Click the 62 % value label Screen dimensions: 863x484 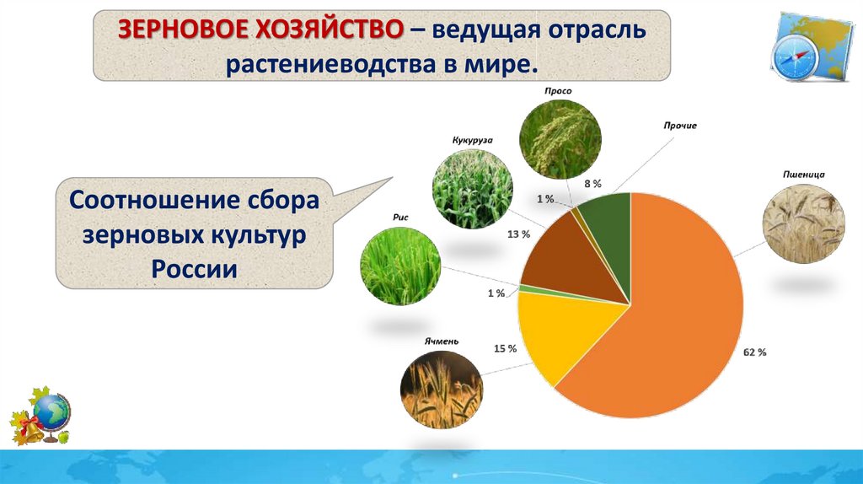(x=754, y=352)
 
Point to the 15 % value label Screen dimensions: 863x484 (x=505, y=348)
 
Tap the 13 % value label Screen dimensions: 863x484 (x=518, y=234)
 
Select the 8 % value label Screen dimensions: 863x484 (x=592, y=184)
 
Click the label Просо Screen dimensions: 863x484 (x=558, y=91)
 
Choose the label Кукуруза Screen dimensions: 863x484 (x=472, y=140)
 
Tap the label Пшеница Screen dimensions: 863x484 (x=803, y=175)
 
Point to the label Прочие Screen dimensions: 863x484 (x=680, y=126)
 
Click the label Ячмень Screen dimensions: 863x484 (x=441, y=341)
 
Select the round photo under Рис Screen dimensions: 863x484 (x=400, y=266)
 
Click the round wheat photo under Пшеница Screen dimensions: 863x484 (x=803, y=223)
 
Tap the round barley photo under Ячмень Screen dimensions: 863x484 (x=442, y=390)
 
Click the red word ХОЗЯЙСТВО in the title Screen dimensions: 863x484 (x=329, y=30)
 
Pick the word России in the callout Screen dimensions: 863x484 (x=195, y=269)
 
